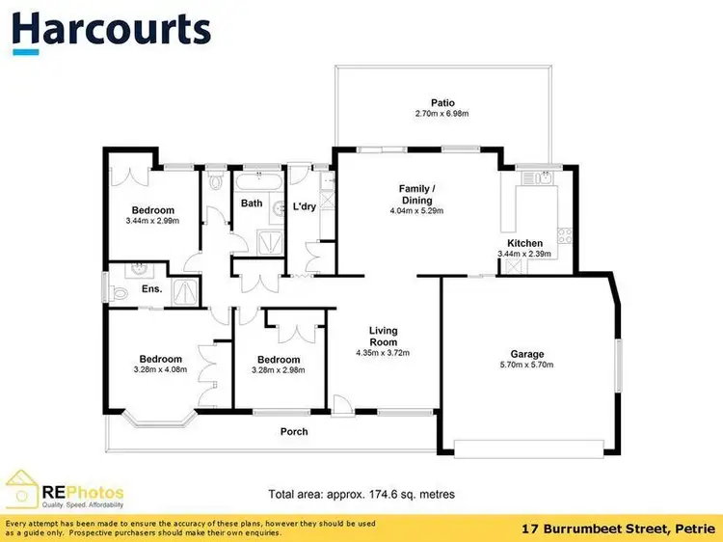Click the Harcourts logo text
tap(111, 29)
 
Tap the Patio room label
tap(442, 103)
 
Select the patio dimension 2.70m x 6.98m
tap(442, 114)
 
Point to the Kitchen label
tap(524, 243)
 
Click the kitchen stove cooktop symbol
tap(565, 235)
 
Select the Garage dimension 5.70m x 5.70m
tap(526, 365)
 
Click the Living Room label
tap(383, 337)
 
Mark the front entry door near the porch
tap(342, 406)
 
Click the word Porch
tap(294, 431)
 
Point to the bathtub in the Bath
tap(258, 181)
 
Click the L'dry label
tap(305, 206)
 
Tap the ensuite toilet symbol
tap(118, 292)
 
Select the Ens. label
tap(151, 289)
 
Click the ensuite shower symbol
tap(185, 291)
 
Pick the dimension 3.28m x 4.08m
tap(160, 369)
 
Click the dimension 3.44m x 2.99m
tap(152, 221)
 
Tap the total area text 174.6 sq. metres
tap(413, 495)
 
